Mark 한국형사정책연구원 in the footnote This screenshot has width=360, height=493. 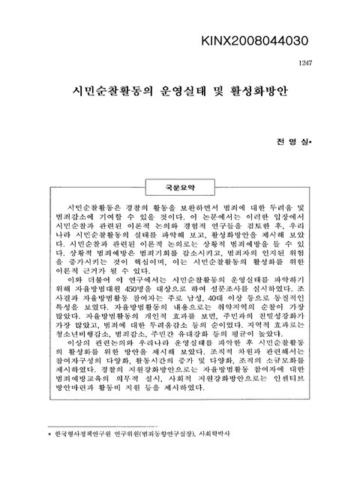78,434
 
